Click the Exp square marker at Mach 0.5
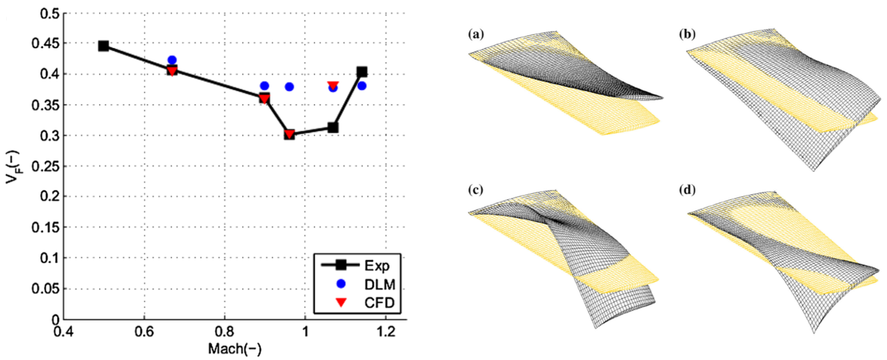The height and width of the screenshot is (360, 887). pos(103,46)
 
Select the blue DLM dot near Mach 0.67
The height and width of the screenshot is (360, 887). pos(172,60)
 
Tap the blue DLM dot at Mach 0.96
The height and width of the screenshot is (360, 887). pos(289,87)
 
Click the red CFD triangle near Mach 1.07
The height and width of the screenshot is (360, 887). pos(333,84)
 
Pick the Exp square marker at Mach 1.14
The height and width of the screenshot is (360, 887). pos(361,72)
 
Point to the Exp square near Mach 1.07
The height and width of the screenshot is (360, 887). pos(333,128)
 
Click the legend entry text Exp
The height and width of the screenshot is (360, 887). pos(377,266)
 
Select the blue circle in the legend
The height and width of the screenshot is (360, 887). pos(341,284)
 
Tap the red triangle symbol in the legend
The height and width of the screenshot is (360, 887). pos(341,302)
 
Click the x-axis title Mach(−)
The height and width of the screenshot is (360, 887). pos(235,349)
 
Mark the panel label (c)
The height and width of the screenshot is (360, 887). pos(476,190)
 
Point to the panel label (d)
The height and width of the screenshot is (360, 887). pos(687,190)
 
